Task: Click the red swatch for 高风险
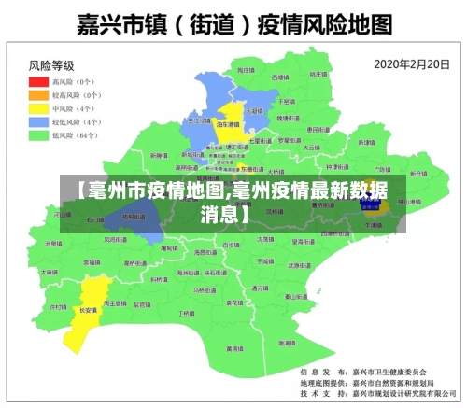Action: click(38, 81)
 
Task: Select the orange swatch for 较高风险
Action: click(38, 95)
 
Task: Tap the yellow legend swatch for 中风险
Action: click(38, 108)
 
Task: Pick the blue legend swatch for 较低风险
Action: click(38, 121)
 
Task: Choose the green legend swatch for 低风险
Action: click(38, 135)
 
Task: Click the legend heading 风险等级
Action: click(51, 65)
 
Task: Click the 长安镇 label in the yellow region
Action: click(88, 309)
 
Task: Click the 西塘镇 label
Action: click(280, 77)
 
